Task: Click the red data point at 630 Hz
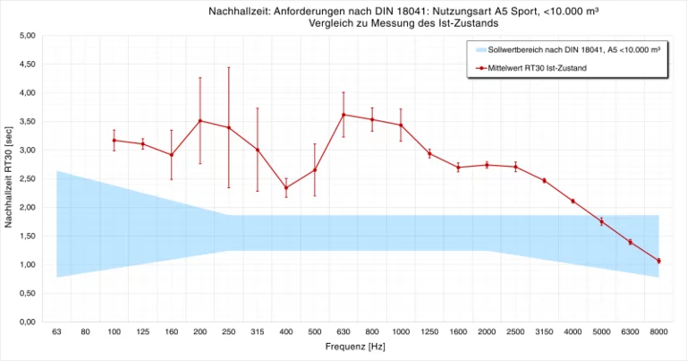point(343,115)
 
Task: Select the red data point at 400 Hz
point(286,187)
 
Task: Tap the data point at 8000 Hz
point(658,261)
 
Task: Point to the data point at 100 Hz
point(114,140)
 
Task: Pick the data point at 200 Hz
point(199,121)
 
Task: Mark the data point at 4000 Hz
point(572,201)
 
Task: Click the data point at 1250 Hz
point(429,153)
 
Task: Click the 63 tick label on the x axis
point(56,332)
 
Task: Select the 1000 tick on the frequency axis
point(401,332)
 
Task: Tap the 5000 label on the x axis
point(601,332)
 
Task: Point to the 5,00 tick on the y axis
point(27,36)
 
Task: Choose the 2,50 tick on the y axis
point(27,179)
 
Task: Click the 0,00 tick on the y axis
point(27,322)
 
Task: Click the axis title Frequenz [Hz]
point(358,345)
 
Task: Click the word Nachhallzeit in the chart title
point(236,10)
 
